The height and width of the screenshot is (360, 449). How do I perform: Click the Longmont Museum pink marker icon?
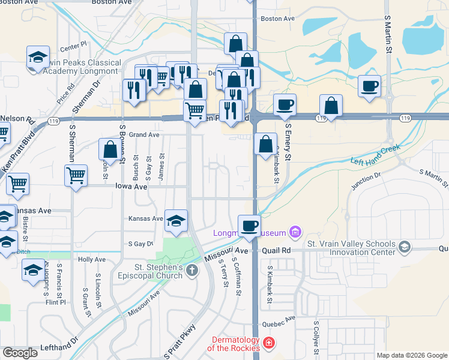294,232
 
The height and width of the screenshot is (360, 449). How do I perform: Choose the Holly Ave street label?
92,260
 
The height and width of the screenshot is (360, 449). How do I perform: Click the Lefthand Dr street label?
59,347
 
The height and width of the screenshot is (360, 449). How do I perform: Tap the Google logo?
20,352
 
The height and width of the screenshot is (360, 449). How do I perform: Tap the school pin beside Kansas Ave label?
176,221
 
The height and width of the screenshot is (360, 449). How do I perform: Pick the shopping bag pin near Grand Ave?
110,149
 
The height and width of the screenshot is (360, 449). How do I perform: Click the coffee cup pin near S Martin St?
370,86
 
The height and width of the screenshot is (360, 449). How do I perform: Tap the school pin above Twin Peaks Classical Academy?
38,58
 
